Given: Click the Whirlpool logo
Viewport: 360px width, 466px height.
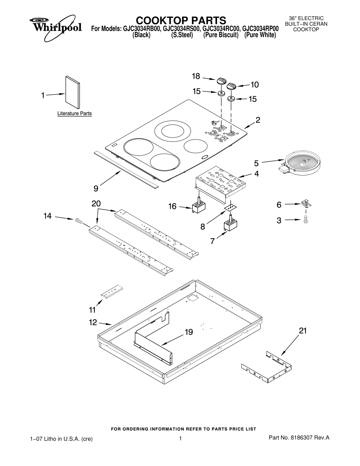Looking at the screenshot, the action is click(55, 27).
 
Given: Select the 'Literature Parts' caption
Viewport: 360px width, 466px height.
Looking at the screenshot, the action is click(75, 113).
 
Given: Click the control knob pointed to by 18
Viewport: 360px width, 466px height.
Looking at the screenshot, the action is click(221, 81).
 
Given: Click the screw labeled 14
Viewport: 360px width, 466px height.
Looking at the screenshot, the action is click(79, 221).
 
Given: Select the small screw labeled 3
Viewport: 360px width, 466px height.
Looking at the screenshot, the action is click(306, 220).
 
